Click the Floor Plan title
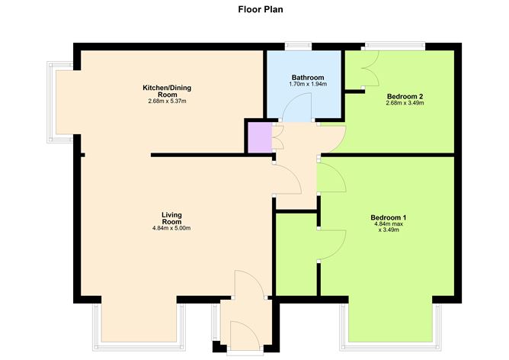tap(254, 11)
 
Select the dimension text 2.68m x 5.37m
tap(167, 101)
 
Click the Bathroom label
tap(308, 78)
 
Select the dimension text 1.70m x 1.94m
tap(308, 85)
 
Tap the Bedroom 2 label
tap(405, 96)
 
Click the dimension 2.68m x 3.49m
tap(405, 103)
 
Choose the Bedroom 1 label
tap(389, 217)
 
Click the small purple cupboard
tap(258, 137)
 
